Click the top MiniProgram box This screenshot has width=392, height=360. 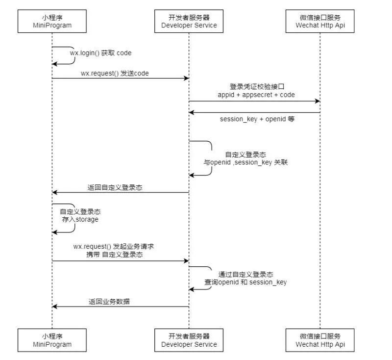coord(52,21)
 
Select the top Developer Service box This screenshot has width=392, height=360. coord(189,21)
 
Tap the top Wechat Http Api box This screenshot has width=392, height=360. coord(320,21)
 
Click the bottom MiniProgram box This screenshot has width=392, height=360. coord(52,340)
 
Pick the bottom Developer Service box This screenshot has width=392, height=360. coord(189,340)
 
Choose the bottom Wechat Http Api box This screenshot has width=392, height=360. coord(320,340)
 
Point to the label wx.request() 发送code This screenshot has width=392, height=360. coord(115,73)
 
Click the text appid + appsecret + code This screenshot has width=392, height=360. coord(256,95)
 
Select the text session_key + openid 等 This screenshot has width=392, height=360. coord(257,119)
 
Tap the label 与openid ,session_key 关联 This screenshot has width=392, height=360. coord(245,162)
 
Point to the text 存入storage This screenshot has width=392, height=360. coord(80,219)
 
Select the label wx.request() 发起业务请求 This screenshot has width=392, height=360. coord(117,246)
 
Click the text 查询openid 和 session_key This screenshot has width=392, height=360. coord(245,282)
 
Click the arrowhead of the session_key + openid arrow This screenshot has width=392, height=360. coord(192,112)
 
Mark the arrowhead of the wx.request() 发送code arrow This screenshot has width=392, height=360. coord(186,78)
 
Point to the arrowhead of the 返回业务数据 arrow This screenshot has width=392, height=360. coord(55,307)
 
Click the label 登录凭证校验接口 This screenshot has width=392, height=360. coord(256,86)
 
